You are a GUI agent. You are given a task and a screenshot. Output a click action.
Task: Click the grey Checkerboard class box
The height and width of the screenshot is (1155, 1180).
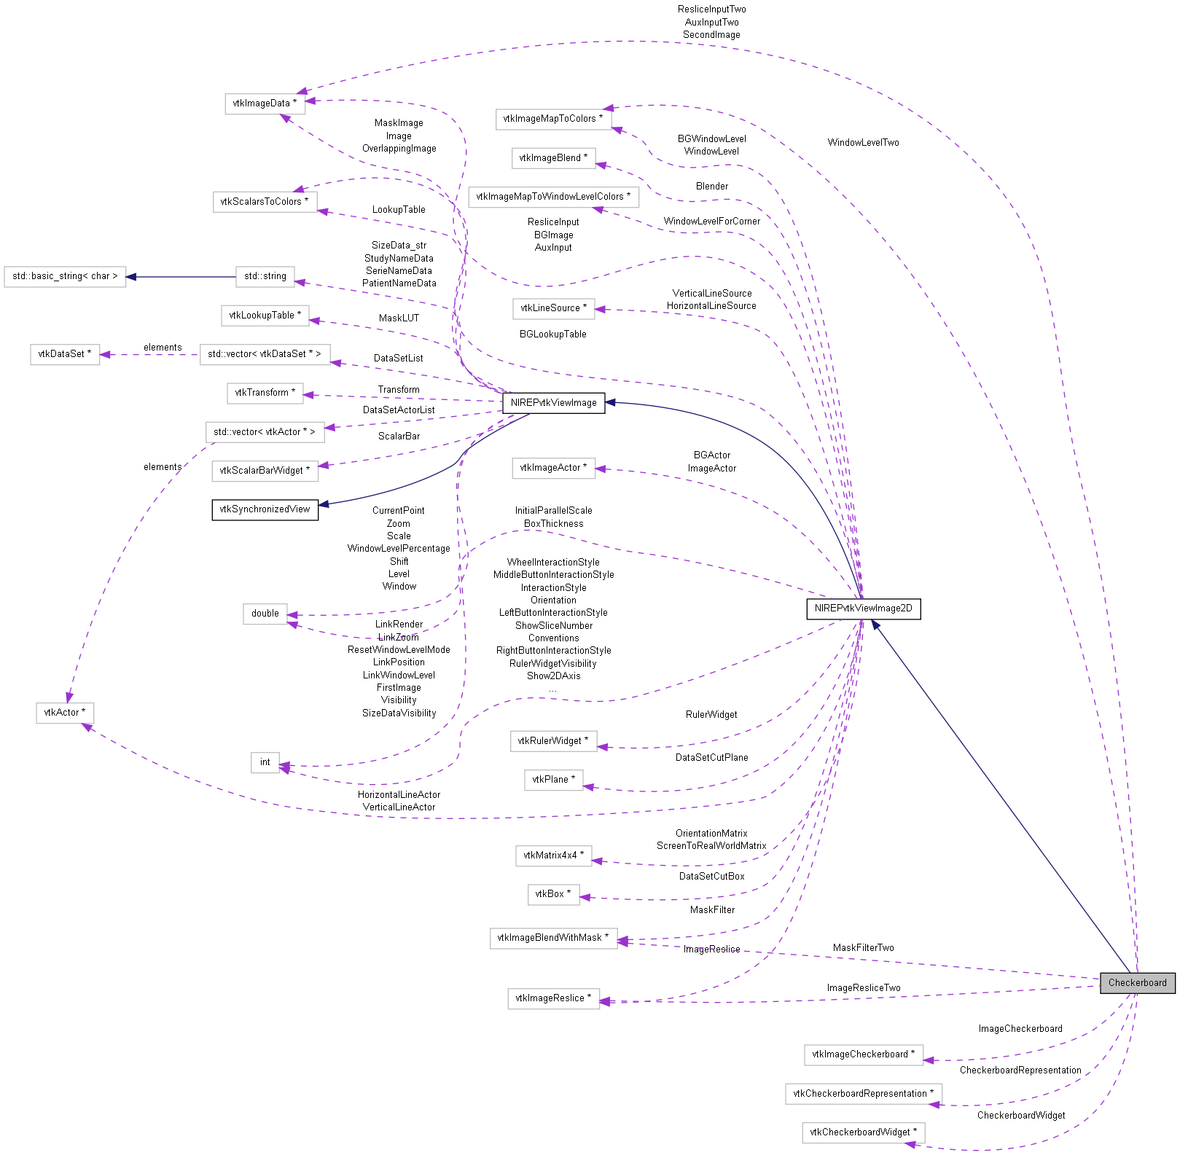(1137, 982)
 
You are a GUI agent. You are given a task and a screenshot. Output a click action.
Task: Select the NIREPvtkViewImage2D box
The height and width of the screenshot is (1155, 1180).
(863, 608)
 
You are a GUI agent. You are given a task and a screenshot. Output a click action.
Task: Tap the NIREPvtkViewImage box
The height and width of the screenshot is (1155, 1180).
(553, 402)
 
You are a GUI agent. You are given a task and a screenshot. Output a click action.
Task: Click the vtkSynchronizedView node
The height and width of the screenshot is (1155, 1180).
(265, 509)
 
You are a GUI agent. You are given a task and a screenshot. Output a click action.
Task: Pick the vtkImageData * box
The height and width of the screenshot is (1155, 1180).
(265, 103)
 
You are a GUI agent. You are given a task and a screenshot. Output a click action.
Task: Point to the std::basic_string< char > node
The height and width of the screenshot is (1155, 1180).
(65, 276)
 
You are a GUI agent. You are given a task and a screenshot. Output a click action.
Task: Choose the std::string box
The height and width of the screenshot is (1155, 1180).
(265, 276)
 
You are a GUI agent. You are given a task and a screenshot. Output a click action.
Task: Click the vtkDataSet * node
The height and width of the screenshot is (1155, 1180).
(65, 354)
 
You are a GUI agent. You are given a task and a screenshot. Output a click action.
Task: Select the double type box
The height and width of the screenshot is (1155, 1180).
(265, 614)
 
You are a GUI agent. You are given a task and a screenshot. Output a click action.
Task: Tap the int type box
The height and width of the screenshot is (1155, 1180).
(265, 762)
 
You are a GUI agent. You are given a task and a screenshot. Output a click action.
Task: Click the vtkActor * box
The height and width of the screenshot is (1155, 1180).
(65, 712)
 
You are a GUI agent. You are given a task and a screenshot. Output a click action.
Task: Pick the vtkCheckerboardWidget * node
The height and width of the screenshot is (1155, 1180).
(863, 1132)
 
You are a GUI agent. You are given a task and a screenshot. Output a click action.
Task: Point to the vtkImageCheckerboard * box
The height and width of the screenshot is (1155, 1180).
(863, 1054)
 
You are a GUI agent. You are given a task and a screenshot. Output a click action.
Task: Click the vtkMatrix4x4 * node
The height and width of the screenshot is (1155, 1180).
(553, 855)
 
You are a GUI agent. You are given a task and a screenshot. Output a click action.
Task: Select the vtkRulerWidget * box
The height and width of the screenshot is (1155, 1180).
(553, 740)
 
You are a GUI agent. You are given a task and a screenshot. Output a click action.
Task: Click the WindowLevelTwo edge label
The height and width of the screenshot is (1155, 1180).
(863, 143)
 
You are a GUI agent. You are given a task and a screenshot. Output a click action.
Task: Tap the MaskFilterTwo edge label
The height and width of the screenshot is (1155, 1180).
(863, 948)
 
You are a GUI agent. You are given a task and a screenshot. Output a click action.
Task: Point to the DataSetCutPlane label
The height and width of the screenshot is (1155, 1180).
(711, 758)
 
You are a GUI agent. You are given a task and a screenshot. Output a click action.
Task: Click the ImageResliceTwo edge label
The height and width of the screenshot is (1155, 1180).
(863, 988)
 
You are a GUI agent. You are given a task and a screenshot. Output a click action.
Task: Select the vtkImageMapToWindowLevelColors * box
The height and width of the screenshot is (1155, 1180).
(553, 197)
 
